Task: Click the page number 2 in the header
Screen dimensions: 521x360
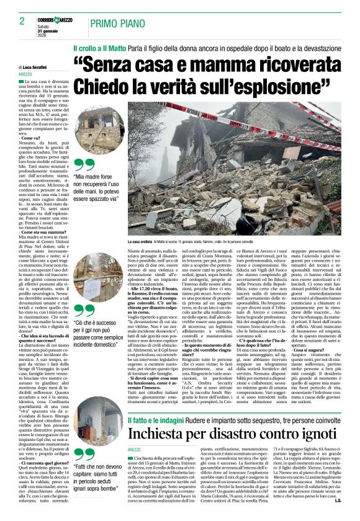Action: (14, 22)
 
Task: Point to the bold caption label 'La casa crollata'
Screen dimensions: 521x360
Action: (125, 240)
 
